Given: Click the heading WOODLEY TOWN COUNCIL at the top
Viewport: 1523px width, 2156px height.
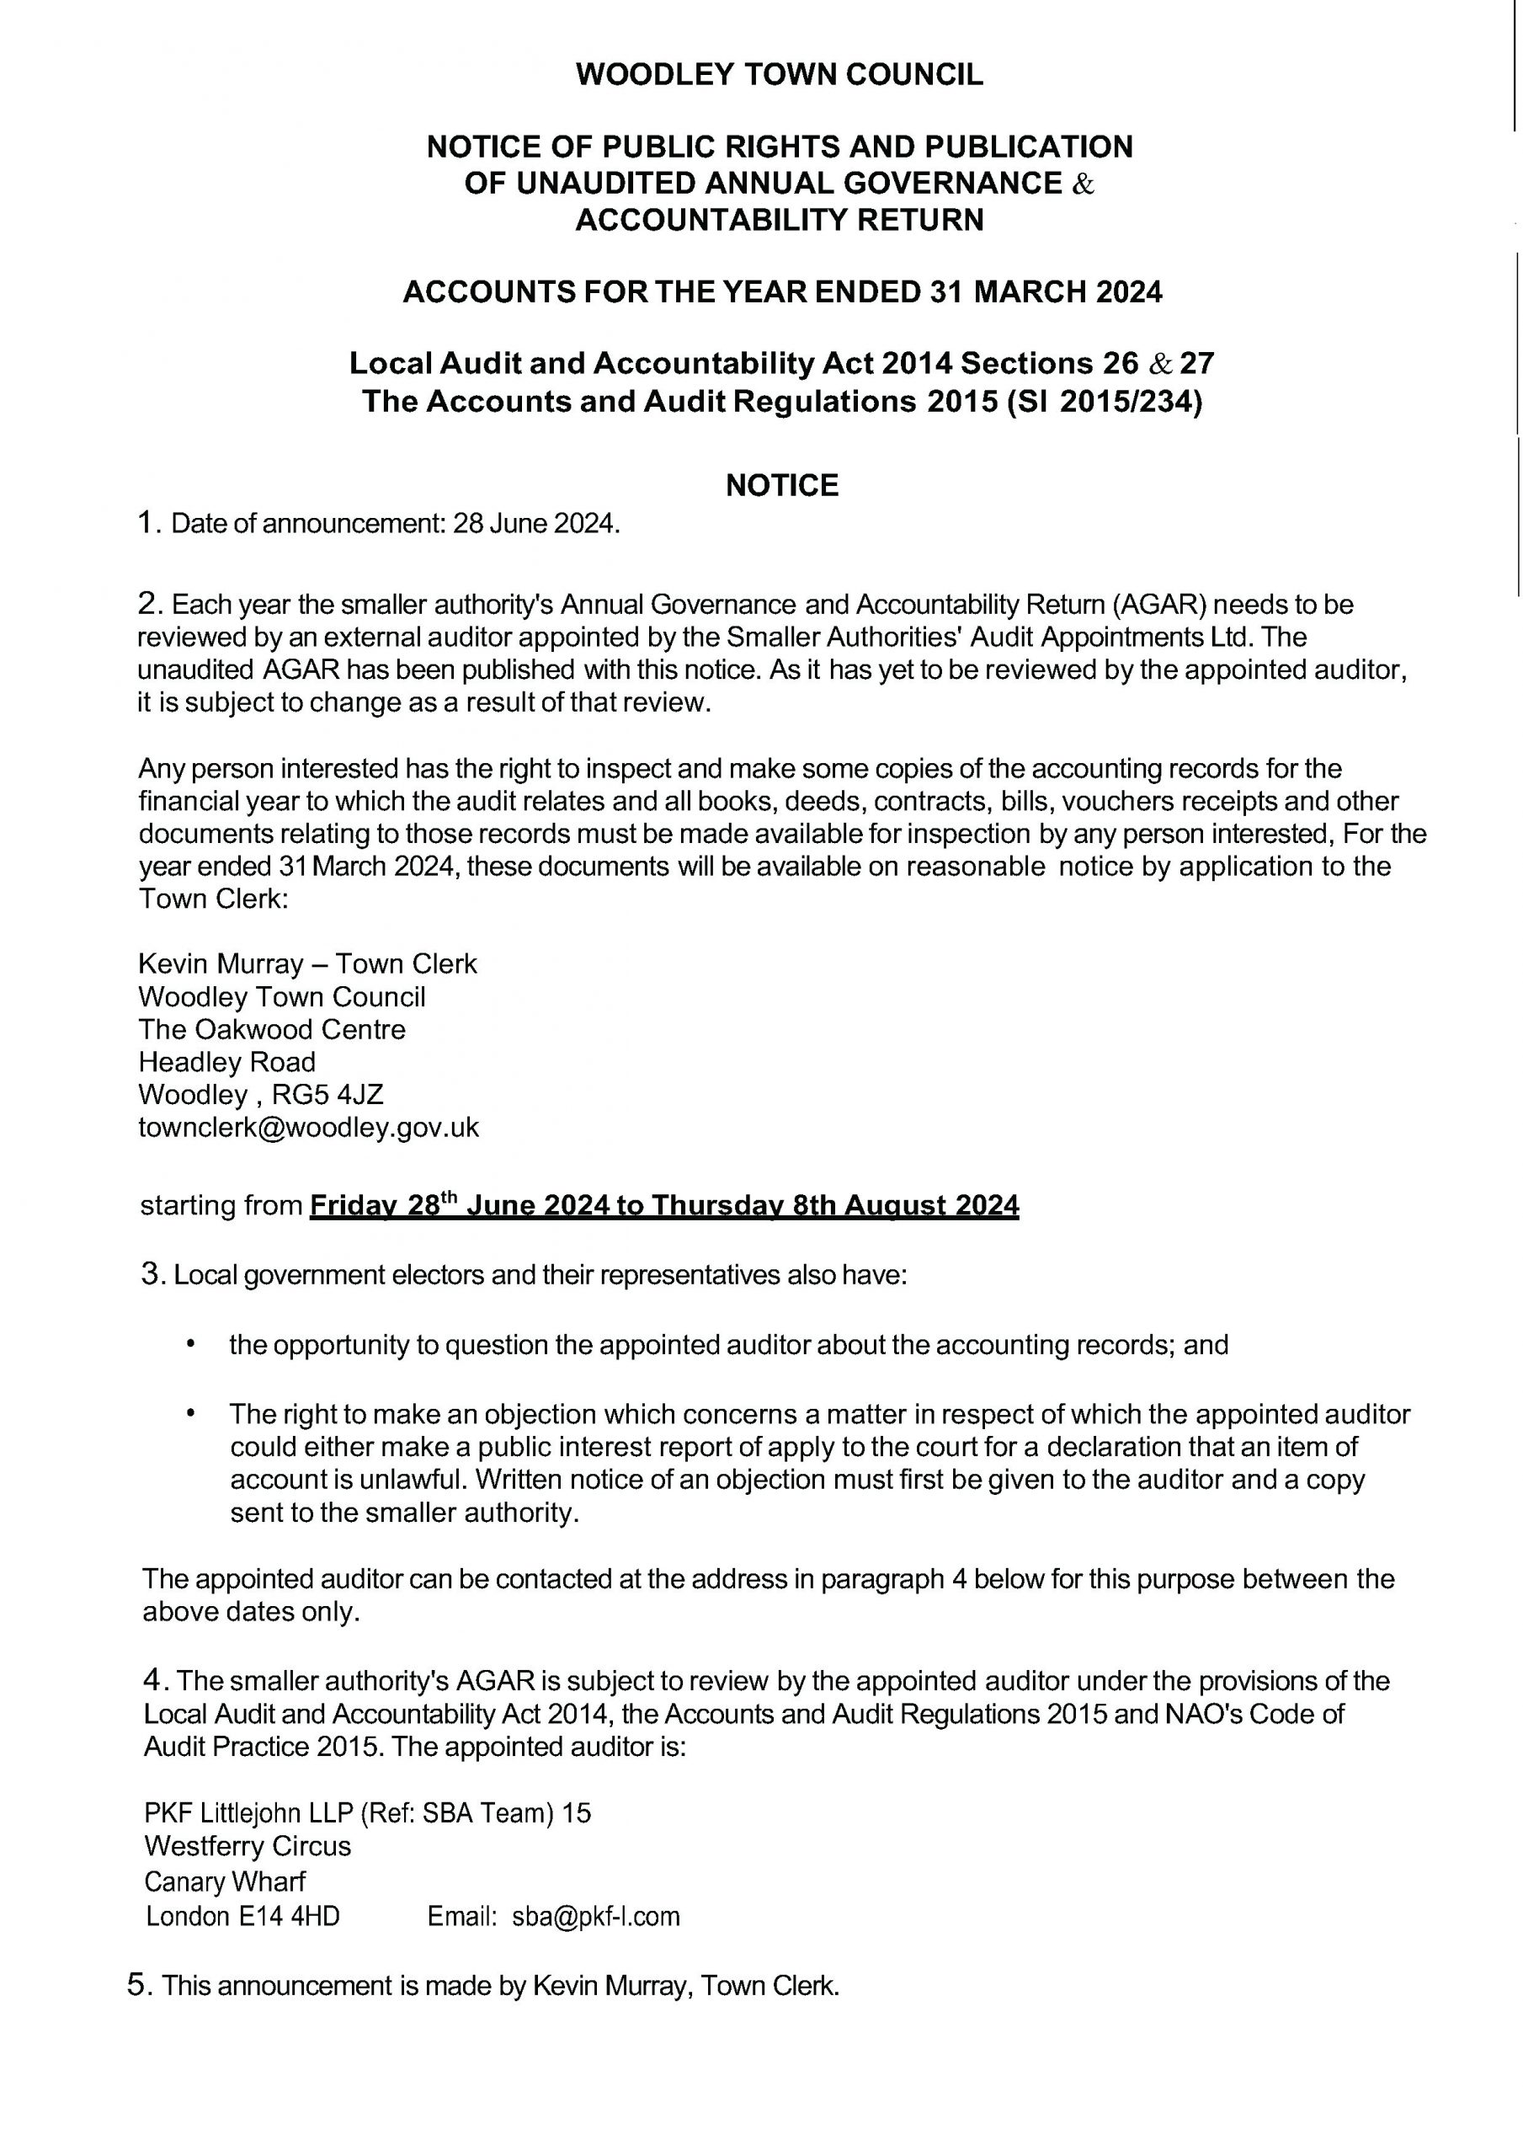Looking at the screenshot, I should tap(779, 74).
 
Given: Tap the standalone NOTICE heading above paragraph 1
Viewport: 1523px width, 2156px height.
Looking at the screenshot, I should tap(781, 485).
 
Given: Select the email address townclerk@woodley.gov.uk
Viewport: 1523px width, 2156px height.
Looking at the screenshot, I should tap(308, 1127).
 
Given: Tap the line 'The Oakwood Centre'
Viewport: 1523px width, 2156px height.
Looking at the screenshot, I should tap(271, 1029).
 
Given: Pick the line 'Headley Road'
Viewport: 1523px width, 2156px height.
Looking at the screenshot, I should tap(226, 1062).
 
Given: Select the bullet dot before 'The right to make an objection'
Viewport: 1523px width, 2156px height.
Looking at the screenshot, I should tap(192, 1412).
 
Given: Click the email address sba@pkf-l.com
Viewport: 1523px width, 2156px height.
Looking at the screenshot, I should tap(595, 1916).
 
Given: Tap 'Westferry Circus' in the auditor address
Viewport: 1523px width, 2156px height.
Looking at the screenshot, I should tap(247, 1846).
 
